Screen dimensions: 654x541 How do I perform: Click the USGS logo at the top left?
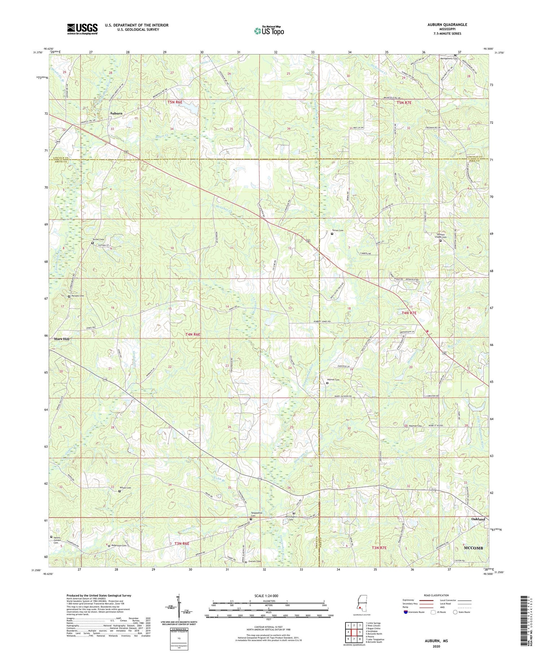tap(82, 29)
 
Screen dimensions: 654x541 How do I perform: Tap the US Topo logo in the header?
tap(269, 31)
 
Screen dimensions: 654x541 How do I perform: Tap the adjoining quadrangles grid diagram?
tap(354, 633)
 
